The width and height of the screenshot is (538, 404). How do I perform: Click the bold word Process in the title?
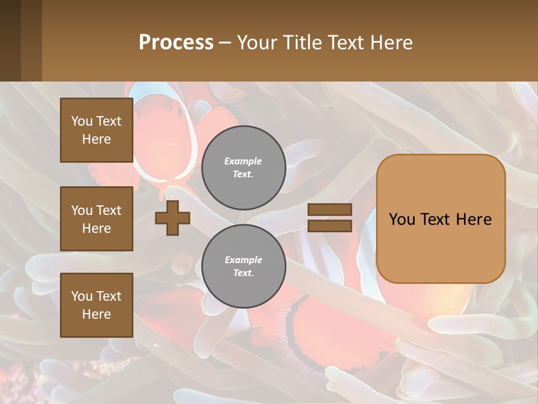pyautogui.click(x=176, y=43)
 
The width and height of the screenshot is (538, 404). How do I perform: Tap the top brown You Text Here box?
pyautogui.click(x=96, y=130)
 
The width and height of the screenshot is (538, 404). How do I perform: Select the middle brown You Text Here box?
pyautogui.click(x=96, y=219)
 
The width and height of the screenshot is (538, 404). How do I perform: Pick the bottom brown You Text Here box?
pyautogui.click(x=96, y=305)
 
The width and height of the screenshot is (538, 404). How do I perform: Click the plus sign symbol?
pyautogui.click(x=173, y=218)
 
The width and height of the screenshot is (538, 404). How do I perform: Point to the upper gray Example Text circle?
pyautogui.click(x=243, y=167)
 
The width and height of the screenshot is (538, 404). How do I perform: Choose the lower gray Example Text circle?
pyautogui.click(x=243, y=266)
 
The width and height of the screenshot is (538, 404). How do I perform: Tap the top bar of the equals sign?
pyautogui.click(x=330, y=209)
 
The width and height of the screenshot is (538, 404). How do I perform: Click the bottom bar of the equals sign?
pyautogui.click(x=330, y=226)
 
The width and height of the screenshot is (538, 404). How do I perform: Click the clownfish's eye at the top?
pyautogui.click(x=180, y=111)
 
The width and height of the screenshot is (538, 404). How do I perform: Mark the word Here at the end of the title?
pyautogui.click(x=392, y=43)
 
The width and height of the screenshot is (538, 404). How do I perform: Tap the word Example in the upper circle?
pyautogui.click(x=243, y=161)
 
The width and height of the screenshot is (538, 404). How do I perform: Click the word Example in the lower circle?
pyautogui.click(x=243, y=260)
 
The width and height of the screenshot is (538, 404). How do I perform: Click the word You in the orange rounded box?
pyautogui.click(x=402, y=219)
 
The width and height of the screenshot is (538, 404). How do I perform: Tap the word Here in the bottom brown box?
pyautogui.click(x=96, y=314)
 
